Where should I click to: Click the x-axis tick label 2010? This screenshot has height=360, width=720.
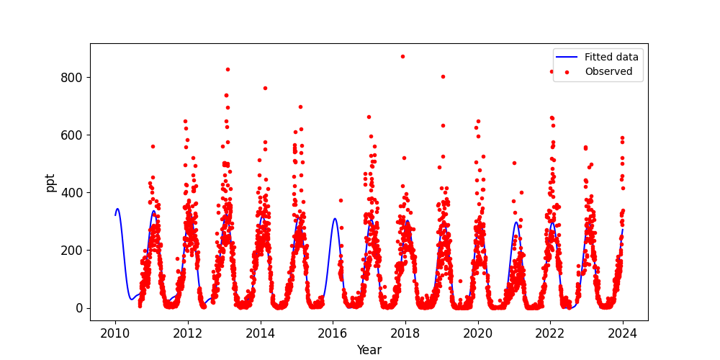click(x=115, y=333)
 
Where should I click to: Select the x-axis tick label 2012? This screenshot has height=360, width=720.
click(x=188, y=333)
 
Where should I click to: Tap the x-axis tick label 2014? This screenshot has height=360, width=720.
click(x=260, y=333)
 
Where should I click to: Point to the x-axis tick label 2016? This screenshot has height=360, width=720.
click(x=333, y=333)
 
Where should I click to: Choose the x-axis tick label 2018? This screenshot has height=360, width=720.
click(x=405, y=333)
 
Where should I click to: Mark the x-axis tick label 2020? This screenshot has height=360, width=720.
click(x=477, y=333)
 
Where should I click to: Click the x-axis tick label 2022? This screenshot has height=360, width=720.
click(x=550, y=333)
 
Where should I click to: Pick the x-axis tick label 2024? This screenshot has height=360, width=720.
click(x=622, y=333)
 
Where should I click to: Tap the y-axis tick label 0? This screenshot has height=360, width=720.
click(x=81, y=308)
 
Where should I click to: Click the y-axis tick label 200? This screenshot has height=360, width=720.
click(x=73, y=251)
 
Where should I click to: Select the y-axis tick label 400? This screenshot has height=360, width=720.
click(x=73, y=193)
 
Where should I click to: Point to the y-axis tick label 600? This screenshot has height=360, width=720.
click(x=73, y=135)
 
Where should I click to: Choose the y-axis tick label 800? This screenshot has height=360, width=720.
click(x=73, y=78)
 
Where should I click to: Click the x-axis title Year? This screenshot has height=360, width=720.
click(x=369, y=350)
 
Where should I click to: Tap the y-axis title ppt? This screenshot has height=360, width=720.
click(x=50, y=182)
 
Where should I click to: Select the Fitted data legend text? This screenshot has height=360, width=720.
click(x=611, y=58)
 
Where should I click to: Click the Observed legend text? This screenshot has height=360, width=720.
click(x=608, y=71)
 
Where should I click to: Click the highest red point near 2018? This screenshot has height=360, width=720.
click(x=402, y=56)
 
